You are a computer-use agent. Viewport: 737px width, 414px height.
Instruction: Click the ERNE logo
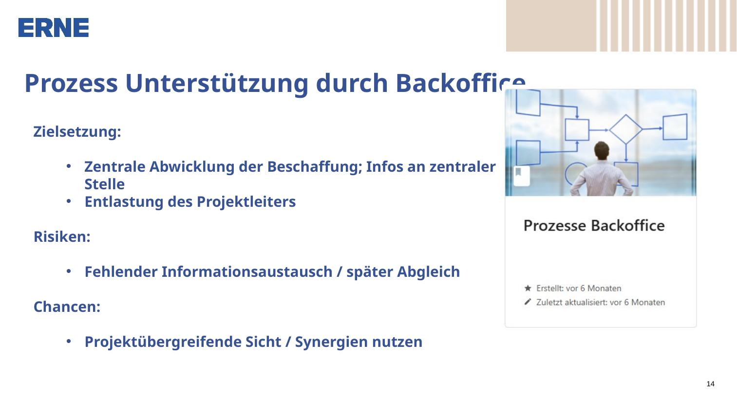[x=53, y=28]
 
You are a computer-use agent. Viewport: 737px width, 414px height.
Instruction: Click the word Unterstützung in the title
[x=216, y=83]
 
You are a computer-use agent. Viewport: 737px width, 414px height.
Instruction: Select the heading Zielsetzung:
[x=77, y=132]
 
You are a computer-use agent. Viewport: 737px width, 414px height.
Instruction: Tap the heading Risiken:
[x=62, y=236]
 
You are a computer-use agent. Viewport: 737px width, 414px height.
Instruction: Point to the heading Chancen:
[x=67, y=306]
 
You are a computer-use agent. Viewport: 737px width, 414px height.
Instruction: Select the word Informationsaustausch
[x=247, y=272]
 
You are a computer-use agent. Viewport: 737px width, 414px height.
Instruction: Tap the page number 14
[x=710, y=384]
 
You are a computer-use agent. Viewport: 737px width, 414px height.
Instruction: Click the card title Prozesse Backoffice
[x=594, y=226]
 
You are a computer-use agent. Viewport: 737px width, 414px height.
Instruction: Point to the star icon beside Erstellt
[x=528, y=288]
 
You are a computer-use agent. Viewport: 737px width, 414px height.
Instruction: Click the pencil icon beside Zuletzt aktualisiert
[x=528, y=302]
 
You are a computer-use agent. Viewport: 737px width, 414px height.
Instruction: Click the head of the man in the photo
[x=602, y=150]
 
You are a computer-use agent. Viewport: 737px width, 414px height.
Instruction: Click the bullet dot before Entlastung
[x=68, y=201]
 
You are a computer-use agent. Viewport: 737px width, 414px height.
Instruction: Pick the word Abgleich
[x=428, y=272]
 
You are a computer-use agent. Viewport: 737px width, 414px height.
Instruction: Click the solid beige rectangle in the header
[x=551, y=26]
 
